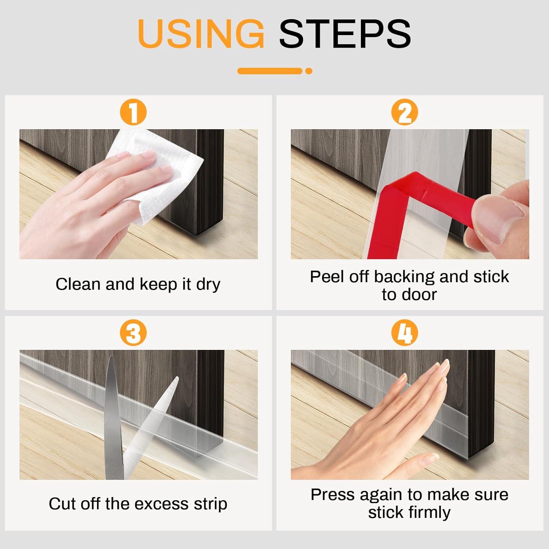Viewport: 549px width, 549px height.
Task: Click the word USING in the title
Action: point(201,33)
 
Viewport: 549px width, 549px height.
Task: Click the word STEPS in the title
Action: point(345,33)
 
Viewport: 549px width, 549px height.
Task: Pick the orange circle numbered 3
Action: point(133,333)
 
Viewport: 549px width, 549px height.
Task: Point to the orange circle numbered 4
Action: point(405,333)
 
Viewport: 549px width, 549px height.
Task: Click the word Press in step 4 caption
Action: point(333,495)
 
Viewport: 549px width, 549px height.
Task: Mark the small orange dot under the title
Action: point(309,71)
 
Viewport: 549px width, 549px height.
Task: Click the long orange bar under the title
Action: point(270,71)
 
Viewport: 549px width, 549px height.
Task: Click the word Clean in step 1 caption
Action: point(78,284)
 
